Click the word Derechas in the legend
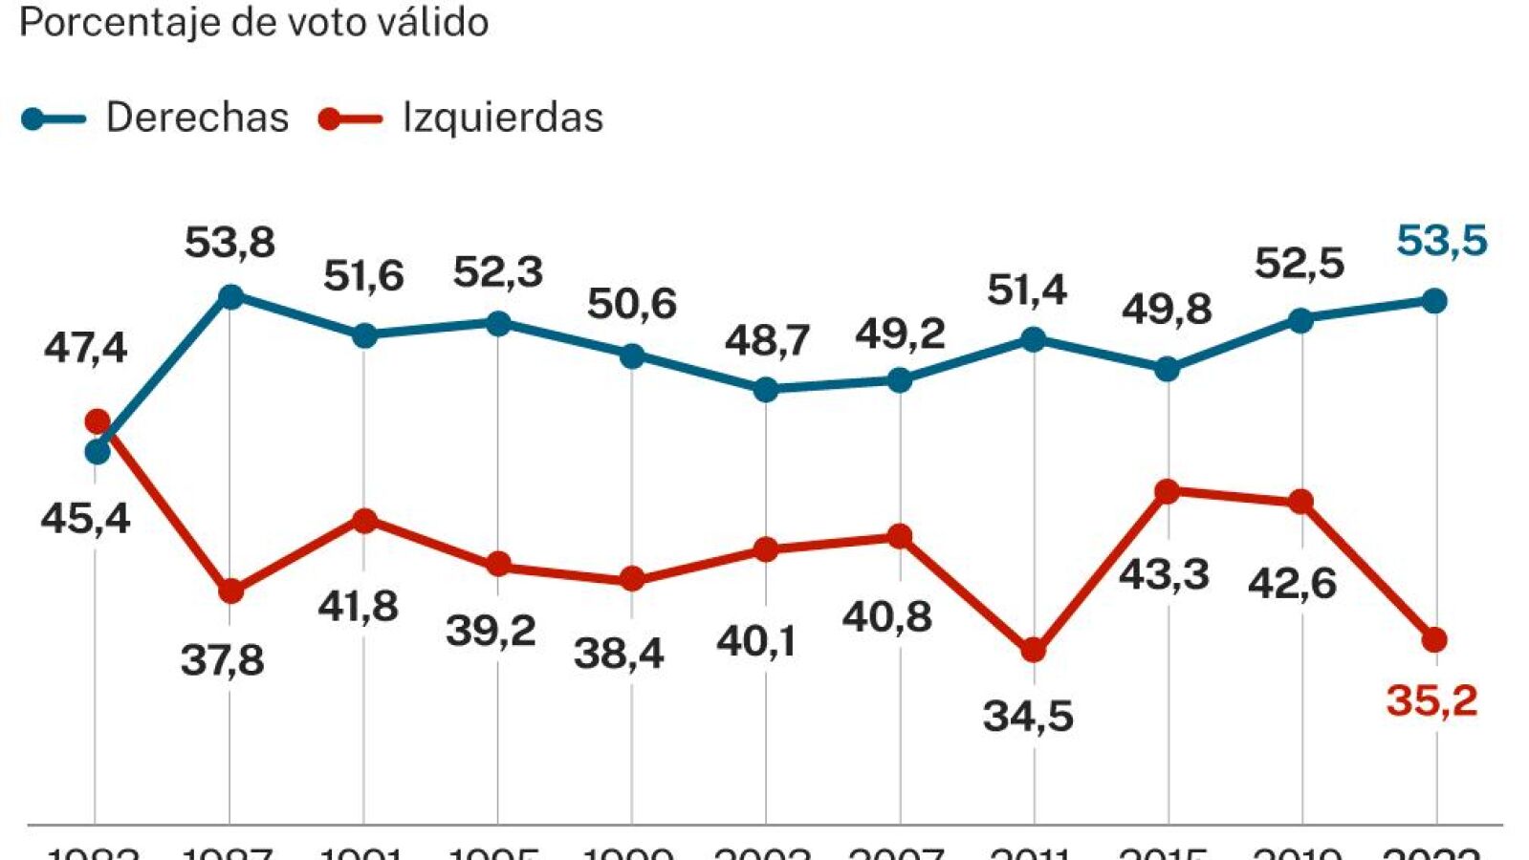point(197,118)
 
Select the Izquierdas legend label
point(502,118)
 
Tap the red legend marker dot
point(330,119)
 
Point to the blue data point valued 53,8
point(230,296)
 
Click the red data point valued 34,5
point(1034,651)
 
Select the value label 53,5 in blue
point(1442,241)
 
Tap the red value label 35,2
point(1431,700)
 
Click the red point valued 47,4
point(98,421)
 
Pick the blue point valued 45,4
point(98,452)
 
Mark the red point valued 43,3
point(1168,492)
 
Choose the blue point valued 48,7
point(766,390)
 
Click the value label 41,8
point(359,606)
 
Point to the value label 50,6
point(632,304)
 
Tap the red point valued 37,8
point(230,591)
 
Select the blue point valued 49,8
point(1168,369)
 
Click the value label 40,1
point(756,641)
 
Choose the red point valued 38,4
point(632,579)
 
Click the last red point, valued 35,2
point(1435,640)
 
